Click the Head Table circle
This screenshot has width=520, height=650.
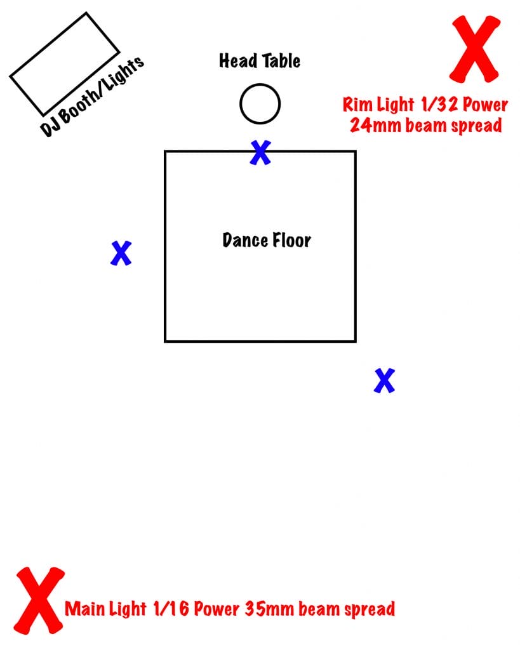point(260,103)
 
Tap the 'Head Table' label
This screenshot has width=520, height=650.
point(260,61)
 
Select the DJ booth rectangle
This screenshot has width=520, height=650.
point(64,63)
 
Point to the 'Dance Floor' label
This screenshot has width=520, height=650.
point(267,240)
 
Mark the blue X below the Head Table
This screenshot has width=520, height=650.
point(260,152)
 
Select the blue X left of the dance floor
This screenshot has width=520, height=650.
point(121,253)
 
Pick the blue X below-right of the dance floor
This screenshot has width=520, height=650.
point(384,380)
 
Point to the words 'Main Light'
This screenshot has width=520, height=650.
point(105,609)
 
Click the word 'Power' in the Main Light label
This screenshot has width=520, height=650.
point(216,609)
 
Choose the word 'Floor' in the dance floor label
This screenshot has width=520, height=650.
point(291,240)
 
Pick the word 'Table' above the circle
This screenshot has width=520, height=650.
point(281,61)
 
